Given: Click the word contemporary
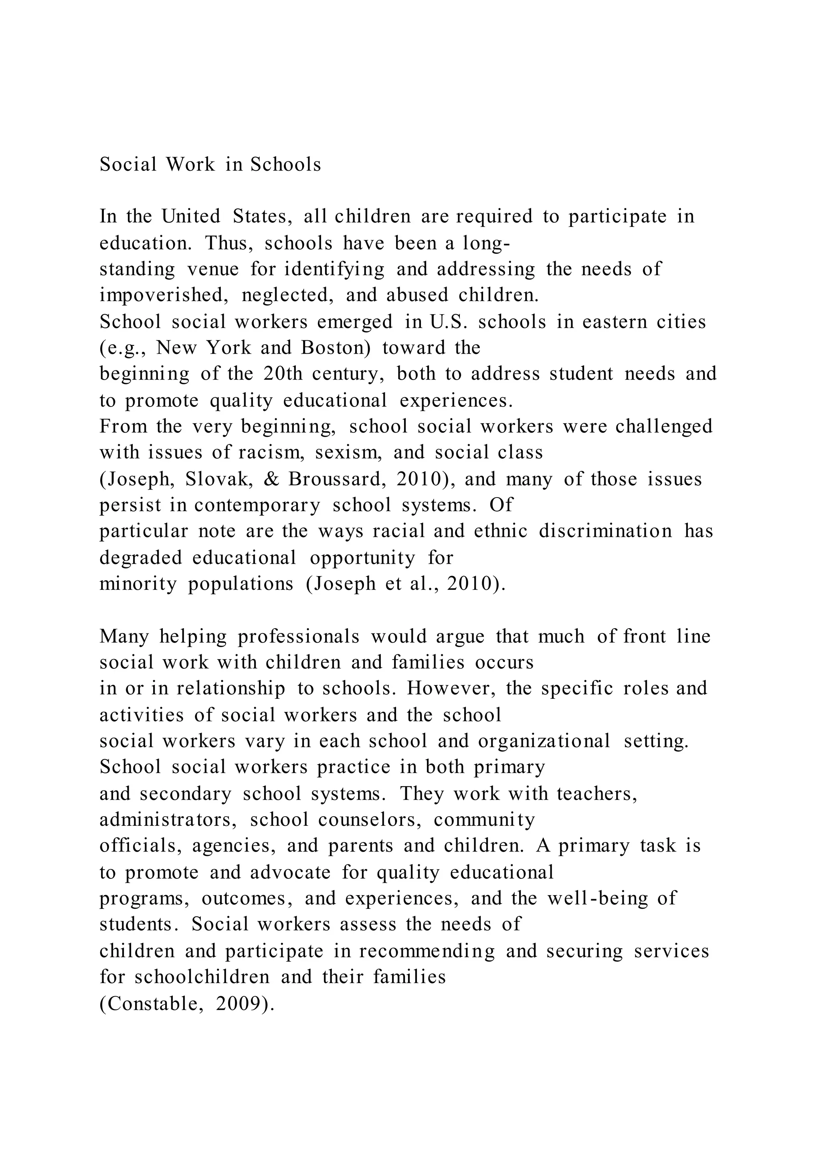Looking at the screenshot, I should [257, 505].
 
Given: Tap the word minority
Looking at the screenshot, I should [138, 584].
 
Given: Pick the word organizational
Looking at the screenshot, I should [544, 741].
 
